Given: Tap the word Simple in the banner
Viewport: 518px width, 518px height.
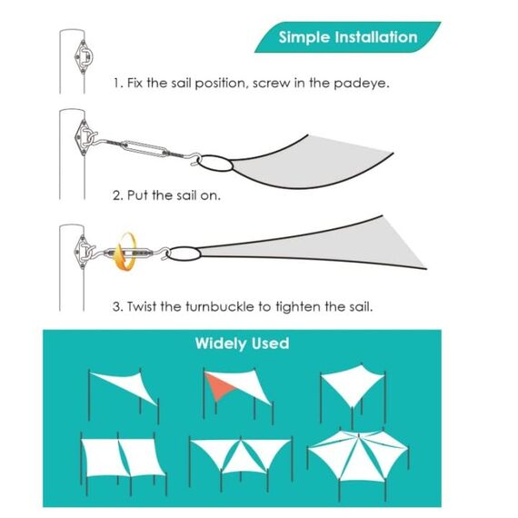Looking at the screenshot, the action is point(304,37).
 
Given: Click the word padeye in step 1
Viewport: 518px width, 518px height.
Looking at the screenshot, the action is point(361,84).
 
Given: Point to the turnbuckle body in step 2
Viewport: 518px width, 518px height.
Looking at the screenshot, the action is point(144,148).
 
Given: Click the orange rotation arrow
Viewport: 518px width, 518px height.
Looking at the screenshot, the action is point(125,252).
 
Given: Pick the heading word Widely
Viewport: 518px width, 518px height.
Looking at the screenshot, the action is point(221,344).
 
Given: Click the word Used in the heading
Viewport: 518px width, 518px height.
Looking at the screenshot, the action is point(270,344).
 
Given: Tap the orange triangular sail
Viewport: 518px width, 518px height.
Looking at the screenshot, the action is point(219,385).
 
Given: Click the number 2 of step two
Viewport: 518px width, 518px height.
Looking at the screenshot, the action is point(117,195).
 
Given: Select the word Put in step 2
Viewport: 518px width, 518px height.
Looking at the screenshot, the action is point(137,195).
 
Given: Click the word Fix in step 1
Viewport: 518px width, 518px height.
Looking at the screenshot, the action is point(134,83).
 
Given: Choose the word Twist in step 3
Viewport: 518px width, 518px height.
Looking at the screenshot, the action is point(142,306).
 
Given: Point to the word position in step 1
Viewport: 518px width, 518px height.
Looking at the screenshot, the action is point(221,84).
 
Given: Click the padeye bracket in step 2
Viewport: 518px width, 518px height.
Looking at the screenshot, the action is point(85,138).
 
